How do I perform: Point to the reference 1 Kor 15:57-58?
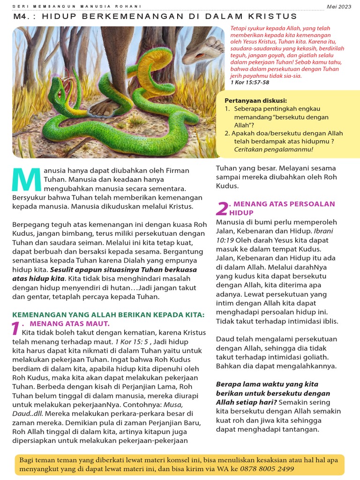[x=249, y=82]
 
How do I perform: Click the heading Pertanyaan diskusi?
[x=255, y=100]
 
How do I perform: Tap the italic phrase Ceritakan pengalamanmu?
[x=273, y=150]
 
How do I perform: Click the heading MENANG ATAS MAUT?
[x=69, y=323]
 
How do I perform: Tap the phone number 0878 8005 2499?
[x=267, y=469]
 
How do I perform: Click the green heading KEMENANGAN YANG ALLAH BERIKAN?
[x=108, y=315]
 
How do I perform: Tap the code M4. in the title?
[x=22, y=16]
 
